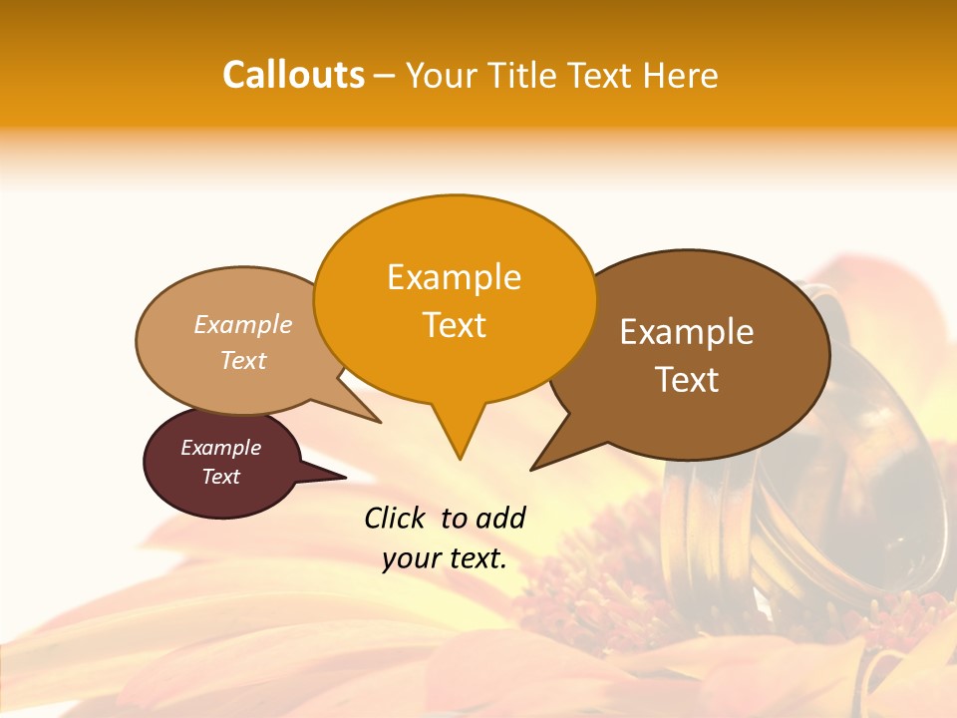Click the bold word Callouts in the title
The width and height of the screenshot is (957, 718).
pyautogui.click(x=294, y=75)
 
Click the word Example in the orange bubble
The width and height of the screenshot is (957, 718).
pyautogui.click(x=454, y=277)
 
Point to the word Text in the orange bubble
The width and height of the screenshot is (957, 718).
pyautogui.click(x=454, y=325)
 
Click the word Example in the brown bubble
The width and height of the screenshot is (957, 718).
pyautogui.click(x=687, y=332)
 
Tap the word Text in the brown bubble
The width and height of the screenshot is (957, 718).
pyautogui.click(x=687, y=380)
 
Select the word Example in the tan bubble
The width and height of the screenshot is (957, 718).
pyautogui.click(x=243, y=325)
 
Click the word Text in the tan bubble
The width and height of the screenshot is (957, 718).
pyautogui.click(x=243, y=361)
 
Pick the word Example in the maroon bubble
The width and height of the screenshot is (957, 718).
pyautogui.click(x=220, y=448)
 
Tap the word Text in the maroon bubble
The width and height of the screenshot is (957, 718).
pyautogui.click(x=220, y=477)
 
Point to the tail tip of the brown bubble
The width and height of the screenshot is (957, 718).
pyautogui.click(x=534, y=467)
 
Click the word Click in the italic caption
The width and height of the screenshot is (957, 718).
pyautogui.click(x=396, y=518)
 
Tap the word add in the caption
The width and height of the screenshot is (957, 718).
pyautogui.click(x=499, y=518)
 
